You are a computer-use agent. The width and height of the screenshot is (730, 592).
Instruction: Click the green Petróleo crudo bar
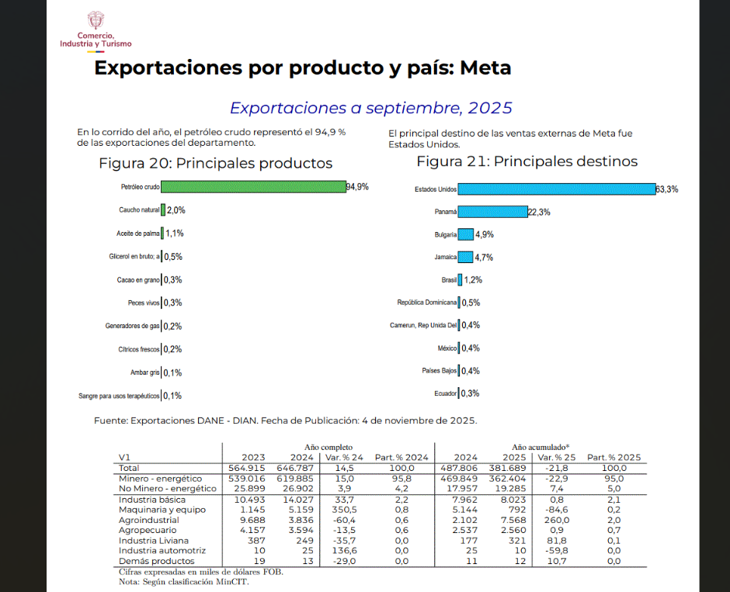(253, 187)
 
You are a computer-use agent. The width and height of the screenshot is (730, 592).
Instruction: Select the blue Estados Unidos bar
(556, 189)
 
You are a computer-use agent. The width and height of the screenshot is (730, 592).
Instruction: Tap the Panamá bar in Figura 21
(492, 212)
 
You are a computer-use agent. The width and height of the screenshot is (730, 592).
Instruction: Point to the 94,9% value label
(357, 187)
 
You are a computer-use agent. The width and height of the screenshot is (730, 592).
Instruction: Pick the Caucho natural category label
(139, 210)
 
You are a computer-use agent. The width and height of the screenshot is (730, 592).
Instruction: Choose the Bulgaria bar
(466, 234)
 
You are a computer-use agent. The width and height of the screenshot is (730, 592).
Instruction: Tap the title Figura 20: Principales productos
(215, 163)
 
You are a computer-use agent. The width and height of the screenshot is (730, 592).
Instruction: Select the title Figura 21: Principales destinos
(527, 161)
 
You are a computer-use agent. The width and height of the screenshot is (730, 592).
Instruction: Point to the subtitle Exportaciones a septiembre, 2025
(371, 108)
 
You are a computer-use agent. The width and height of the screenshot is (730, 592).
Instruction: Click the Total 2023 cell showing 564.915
(248, 469)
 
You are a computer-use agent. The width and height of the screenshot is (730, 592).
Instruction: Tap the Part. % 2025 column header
(614, 457)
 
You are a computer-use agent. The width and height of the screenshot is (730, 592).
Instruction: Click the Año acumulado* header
(541, 448)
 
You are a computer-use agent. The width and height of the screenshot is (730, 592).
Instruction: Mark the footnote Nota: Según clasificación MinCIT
(183, 582)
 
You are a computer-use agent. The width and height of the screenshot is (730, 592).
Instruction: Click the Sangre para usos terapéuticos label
(119, 396)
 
